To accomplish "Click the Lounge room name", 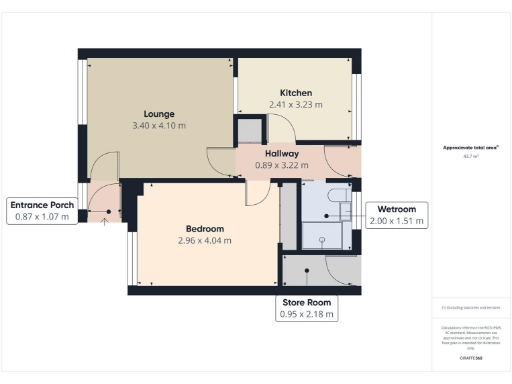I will (x=160, y=114).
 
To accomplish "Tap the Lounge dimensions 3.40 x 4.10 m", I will (x=160, y=127).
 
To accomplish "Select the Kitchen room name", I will (x=296, y=91).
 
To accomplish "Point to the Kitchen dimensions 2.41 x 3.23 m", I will (x=296, y=104).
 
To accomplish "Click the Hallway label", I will (x=283, y=153).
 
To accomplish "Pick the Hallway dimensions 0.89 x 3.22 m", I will (x=283, y=165).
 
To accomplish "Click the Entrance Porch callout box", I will (x=41, y=210).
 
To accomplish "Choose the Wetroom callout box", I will (x=398, y=214).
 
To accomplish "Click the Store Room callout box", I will (x=306, y=308).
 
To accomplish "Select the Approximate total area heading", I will (x=470, y=147).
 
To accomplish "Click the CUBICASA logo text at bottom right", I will (x=470, y=357).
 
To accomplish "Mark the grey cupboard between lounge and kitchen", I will (x=247, y=131).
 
